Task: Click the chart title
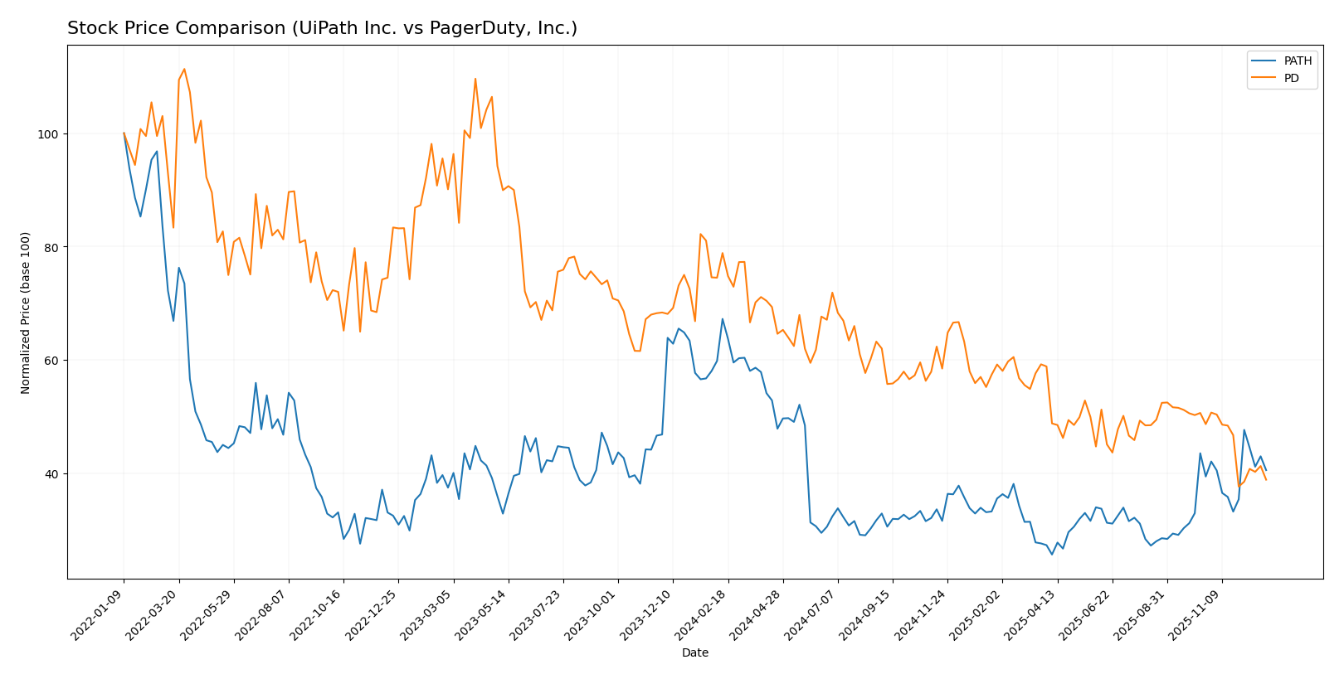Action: point(322,28)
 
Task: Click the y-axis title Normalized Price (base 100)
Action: point(26,313)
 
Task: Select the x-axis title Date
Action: point(694,652)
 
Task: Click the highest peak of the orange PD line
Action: point(184,69)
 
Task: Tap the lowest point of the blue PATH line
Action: point(1052,555)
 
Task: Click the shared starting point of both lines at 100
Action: point(124,133)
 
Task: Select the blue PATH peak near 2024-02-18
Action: point(722,318)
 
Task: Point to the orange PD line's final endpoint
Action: point(1266,479)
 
